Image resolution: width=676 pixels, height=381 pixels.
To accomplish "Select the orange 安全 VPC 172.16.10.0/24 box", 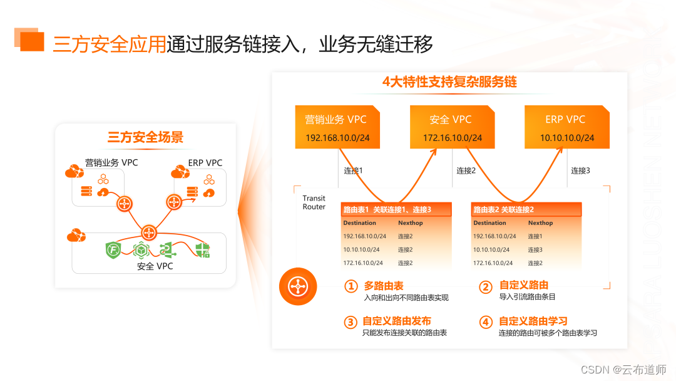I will click(452, 127).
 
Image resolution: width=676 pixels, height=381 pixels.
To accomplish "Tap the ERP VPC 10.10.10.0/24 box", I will click(566, 127).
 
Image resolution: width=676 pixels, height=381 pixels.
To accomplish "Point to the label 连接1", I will click(353, 170).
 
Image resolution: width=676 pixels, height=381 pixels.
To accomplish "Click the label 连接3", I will click(580, 170).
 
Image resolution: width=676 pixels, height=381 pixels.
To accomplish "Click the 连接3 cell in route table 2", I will click(535, 250).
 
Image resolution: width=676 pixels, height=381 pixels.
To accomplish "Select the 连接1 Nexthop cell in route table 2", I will click(535, 236).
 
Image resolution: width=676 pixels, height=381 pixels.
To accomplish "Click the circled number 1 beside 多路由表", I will click(351, 287).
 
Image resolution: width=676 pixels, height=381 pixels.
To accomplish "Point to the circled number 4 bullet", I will click(486, 323).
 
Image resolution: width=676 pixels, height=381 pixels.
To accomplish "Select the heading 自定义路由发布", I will click(397, 321).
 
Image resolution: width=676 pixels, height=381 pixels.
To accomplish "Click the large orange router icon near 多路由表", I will click(298, 287).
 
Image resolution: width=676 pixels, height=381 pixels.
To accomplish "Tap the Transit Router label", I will click(314, 202).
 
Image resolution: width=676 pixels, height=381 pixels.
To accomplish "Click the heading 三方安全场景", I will click(145, 137).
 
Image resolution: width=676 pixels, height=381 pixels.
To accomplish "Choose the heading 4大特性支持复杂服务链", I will click(449, 82).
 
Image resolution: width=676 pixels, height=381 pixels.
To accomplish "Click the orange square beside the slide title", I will click(31, 41).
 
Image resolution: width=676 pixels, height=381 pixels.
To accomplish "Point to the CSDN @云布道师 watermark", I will click(623, 370).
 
